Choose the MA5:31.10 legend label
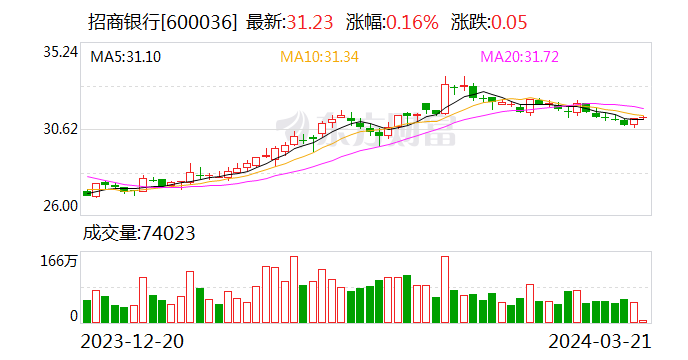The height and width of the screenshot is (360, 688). click(x=126, y=57)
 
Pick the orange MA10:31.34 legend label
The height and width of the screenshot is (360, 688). click(x=319, y=57)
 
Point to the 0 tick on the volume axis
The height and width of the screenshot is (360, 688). click(x=73, y=315)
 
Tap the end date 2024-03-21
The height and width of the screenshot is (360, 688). click(x=601, y=340)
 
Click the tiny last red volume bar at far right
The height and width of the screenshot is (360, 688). click(x=644, y=320)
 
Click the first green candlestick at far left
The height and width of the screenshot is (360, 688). click(x=87, y=193)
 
